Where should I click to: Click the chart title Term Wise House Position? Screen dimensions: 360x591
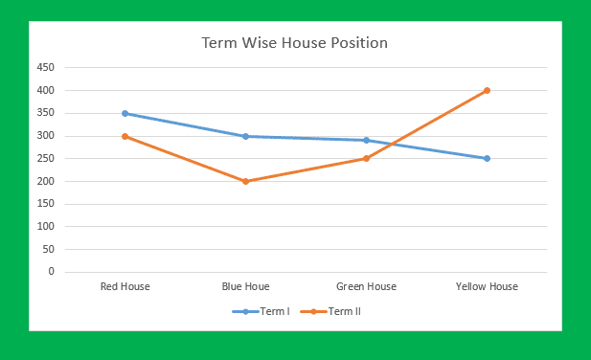point(294,43)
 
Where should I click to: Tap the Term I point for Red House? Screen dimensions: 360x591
point(125,113)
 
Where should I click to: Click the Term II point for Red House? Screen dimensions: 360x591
point(125,136)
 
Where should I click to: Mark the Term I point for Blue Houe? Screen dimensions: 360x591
point(245,136)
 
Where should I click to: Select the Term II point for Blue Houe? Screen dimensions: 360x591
point(245,181)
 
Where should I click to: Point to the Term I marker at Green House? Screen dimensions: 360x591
point(366,140)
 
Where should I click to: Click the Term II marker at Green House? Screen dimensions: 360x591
point(366,159)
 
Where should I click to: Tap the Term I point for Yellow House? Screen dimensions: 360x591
point(487,159)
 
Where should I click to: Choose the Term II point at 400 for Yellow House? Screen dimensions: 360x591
point(487,91)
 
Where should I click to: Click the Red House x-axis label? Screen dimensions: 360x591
point(125,286)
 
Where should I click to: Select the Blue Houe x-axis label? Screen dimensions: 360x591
point(245,286)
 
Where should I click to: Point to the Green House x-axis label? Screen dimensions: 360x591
point(366,286)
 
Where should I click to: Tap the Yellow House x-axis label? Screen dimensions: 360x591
point(487,286)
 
